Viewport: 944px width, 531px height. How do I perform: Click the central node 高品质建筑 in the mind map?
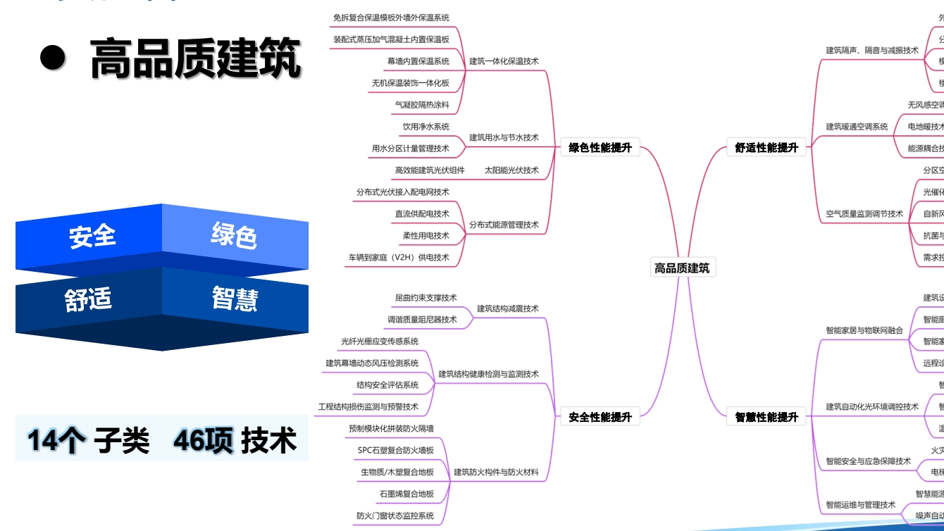point(682,268)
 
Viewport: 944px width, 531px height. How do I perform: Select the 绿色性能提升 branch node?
point(600,148)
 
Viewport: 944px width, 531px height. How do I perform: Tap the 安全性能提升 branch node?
point(600,417)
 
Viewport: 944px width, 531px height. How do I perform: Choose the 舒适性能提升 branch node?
point(766,148)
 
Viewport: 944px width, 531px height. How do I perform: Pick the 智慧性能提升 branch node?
point(766,417)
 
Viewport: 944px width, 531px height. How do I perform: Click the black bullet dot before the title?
point(53,59)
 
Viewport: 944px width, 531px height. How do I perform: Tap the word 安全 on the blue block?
point(92,237)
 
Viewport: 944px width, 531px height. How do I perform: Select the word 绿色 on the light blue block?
point(234,235)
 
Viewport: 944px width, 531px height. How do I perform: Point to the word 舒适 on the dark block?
point(89,299)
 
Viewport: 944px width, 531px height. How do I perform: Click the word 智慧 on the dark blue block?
point(235,298)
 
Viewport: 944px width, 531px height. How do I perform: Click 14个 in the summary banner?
point(56,441)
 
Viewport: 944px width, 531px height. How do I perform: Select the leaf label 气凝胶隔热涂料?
point(421,105)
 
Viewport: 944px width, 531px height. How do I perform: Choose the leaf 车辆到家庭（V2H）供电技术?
point(398,258)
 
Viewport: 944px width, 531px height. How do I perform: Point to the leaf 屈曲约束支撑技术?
point(426,298)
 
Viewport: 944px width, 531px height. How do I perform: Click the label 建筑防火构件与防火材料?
point(496,473)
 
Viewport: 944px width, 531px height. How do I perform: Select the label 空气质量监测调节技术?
point(864,214)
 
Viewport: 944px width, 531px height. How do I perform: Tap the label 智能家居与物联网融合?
point(864,330)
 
